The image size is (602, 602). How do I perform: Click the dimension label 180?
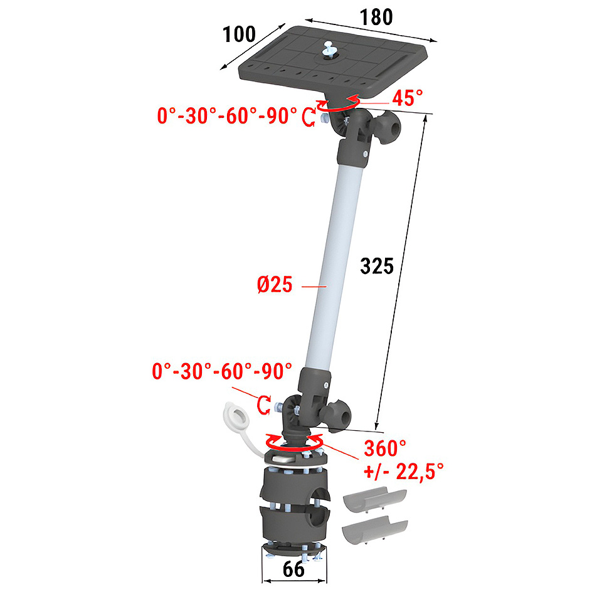[x=376, y=18]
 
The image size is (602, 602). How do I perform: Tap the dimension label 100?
[x=239, y=34]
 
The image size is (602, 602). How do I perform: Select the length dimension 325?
[x=377, y=266]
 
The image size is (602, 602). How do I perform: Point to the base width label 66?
[x=293, y=569]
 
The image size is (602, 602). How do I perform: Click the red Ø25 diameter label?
[x=275, y=285]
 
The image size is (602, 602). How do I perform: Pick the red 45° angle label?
[x=408, y=98]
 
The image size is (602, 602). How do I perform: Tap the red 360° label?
[x=385, y=448]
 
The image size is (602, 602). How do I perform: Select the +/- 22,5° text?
[x=403, y=472]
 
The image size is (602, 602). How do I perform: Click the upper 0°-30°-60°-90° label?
[x=227, y=115]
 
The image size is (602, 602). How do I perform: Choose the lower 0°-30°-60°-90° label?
[x=222, y=371]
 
